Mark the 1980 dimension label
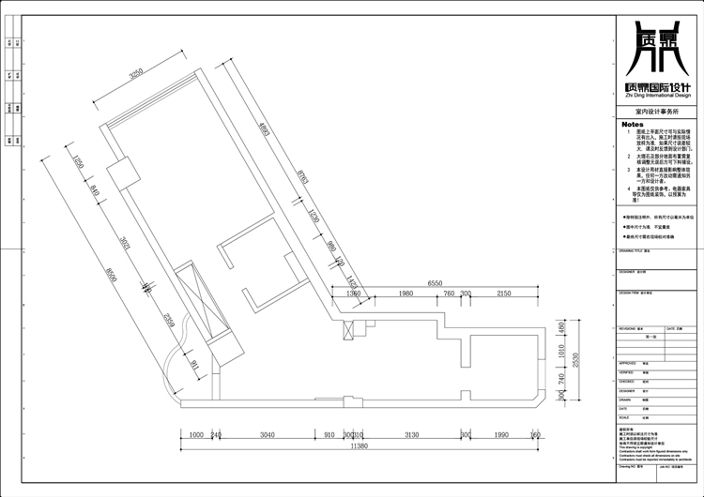(x=405, y=294)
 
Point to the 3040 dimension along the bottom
(x=268, y=435)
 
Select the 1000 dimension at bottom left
(x=195, y=435)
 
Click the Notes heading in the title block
(x=632, y=124)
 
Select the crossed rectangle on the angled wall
(x=201, y=306)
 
